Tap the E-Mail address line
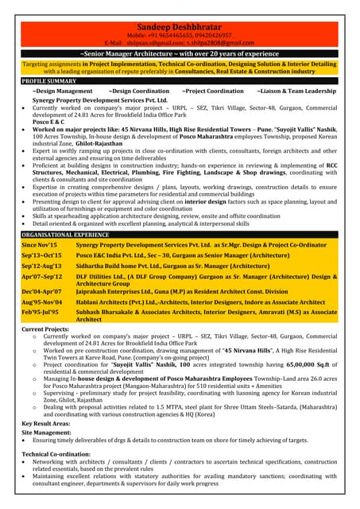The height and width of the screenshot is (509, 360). tap(180, 43)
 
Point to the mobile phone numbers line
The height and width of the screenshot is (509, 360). tap(180, 36)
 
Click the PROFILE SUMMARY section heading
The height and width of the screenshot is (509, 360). tap(49, 81)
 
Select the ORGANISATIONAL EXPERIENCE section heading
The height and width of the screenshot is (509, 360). tap(65, 235)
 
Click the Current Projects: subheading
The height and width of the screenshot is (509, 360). tap(45, 328)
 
